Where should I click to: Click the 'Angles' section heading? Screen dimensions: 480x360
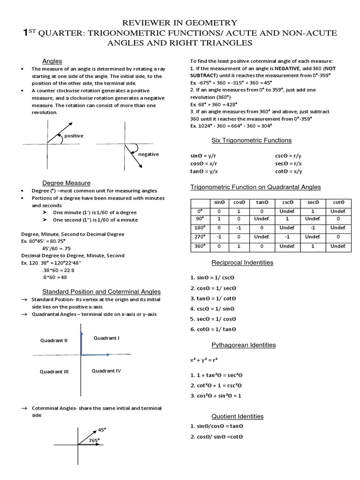(x=52, y=61)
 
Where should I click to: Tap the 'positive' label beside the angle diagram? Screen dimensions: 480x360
(x=74, y=136)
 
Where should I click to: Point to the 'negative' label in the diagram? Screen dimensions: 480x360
(x=148, y=154)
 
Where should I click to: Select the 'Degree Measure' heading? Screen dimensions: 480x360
(x=66, y=183)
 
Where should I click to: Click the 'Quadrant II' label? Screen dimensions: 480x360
(x=53, y=341)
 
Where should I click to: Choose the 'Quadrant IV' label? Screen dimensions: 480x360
(x=106, y=371)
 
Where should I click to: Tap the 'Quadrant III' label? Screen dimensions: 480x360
(x=54, y=372)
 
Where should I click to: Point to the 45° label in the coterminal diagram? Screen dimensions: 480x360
(x=102, y=429)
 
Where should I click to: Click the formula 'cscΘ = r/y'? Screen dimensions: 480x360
(x=288, y=155)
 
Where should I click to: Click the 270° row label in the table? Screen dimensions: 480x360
(x=200, y=237)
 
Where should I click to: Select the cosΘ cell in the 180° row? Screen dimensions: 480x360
(x=239, y=228)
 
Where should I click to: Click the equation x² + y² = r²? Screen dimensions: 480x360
(x=204, y=360)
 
